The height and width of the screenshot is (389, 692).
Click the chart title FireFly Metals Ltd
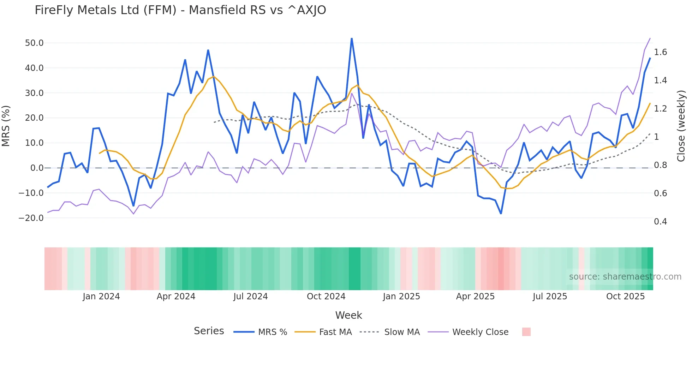pyautogui.click(x=180, y=10)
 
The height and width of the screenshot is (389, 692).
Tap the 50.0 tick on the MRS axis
pyautogui.click(x=34, y=43)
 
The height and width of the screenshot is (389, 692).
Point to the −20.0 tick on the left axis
pyautogui.click(x=31, y=218)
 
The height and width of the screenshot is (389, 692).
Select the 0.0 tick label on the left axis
pyautogui.click(x=37, y=168)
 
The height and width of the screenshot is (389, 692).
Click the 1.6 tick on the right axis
pyautogui.click(x=660, y=52)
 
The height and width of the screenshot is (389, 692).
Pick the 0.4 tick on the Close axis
pyautogui.click(x=660, y=222)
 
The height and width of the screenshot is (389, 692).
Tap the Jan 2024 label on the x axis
pyautogui.click(x=101, y=297)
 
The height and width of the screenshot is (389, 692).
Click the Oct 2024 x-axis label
pyautogui.click(x=326, y=297)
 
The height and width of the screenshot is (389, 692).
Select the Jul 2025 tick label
pyautogui.click(x=550, y=297)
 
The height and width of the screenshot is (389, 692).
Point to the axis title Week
pyautogui.click(x=348, y=315)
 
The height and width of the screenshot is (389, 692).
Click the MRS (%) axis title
pyautogui.click(x=6, y=126)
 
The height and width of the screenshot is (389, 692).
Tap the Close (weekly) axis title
pyautogui.click(x=681, y=126)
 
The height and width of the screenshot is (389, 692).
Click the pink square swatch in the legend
pyautogui.click(x=526, y=332)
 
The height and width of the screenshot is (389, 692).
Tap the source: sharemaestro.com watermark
pyautogui.click(x=625, y=277)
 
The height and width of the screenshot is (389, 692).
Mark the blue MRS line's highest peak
pyautogui.click(x=352, y=38)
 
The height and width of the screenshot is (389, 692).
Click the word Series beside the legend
pyautogui.click(x=209, y=331)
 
